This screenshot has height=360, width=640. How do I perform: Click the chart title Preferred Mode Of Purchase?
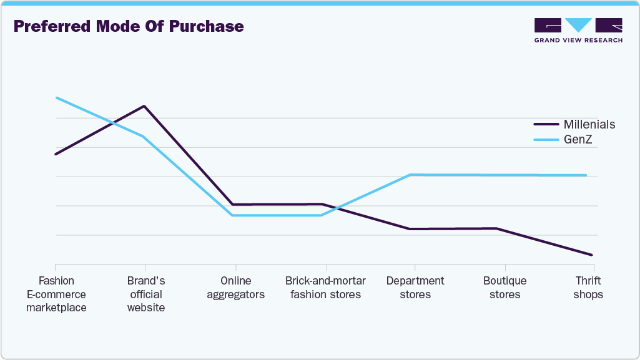(129, 27)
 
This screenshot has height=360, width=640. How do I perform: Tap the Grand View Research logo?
(578, 31)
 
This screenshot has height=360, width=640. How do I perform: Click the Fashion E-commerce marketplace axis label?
(56, 294)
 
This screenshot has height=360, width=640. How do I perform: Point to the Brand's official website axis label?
(145, 294)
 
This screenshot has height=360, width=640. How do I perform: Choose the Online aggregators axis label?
(235, 288)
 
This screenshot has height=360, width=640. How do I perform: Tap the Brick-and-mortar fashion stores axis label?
(325, 288)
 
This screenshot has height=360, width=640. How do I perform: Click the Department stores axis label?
(415, 288)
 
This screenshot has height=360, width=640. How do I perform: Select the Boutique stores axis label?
(505, 288)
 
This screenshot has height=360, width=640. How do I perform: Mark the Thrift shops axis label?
(588, 288)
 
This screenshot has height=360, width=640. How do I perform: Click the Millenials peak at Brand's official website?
(145, 106)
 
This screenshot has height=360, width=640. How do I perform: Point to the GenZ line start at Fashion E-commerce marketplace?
(56, 98)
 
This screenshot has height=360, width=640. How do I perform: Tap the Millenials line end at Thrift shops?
(591, 255)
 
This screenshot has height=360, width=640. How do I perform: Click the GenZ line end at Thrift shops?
(586, 175)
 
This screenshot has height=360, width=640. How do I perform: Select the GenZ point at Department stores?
(411, 175)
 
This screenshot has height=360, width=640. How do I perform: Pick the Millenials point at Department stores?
(410, 229)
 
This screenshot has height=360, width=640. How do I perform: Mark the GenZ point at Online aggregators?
(232, 215)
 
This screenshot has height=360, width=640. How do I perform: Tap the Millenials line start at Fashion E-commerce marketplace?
(56, 154)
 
